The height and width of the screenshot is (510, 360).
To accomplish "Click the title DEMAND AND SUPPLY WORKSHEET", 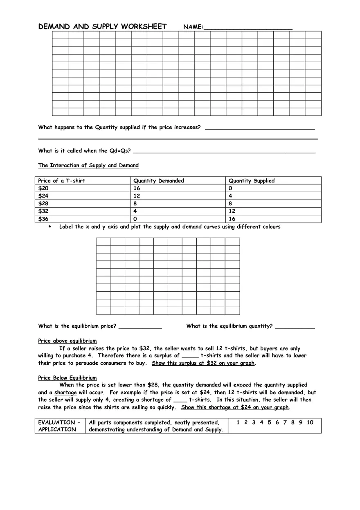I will (102, 27).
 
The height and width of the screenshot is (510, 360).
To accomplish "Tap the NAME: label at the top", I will (193, 27).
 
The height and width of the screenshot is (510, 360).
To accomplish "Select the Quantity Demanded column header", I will (159, 181).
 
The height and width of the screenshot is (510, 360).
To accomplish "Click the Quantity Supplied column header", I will (252, 181).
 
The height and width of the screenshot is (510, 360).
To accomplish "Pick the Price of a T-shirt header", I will (62, 181).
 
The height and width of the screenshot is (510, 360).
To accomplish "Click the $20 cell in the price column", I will (43, 188).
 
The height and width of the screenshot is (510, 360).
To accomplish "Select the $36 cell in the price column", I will (43, 219).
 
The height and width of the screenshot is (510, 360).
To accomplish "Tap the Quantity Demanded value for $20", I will (137, 188).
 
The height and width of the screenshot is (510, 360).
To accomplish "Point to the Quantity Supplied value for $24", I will (230, 196).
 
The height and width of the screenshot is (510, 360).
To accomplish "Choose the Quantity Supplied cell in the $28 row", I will (230, 203).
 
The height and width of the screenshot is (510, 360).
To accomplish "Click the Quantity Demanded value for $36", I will (135, 219).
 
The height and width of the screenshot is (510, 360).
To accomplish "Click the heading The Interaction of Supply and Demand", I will (88, 166).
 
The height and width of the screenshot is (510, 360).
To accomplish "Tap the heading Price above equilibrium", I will (67, 341).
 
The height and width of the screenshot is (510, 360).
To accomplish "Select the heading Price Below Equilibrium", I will (67, 378).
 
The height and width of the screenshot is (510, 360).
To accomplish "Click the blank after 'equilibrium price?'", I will (140, 326).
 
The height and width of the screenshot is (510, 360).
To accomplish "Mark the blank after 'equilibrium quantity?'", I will (295, 326).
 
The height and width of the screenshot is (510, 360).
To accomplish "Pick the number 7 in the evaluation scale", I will (285, 422).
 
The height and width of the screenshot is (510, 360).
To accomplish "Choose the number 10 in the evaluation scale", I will (310, 422).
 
